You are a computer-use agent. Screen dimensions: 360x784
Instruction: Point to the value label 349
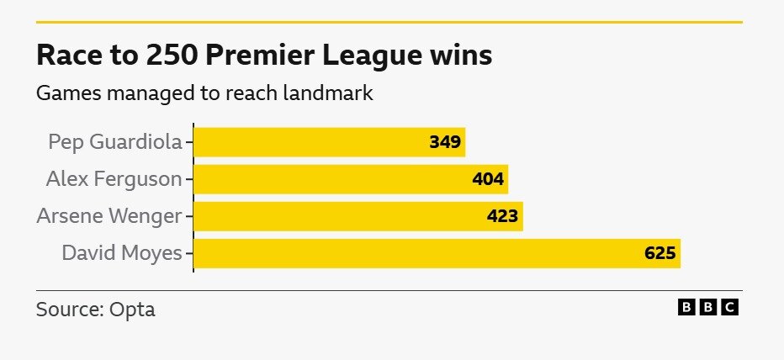445,142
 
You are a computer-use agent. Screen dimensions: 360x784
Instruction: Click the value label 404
488,179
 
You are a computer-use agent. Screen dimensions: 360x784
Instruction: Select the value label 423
503,216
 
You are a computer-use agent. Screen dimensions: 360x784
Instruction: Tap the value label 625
660,253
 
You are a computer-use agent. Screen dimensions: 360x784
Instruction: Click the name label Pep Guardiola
115,141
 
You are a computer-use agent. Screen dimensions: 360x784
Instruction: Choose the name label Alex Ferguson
114,178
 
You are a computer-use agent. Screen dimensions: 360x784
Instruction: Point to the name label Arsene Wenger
109,216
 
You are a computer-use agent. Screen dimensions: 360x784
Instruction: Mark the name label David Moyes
122,252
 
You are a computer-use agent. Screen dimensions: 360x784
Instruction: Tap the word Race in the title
62,56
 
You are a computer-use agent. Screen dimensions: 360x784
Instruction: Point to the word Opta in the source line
133,310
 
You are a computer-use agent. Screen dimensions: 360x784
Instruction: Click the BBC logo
708,308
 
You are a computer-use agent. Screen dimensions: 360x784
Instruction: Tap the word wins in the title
462,56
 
